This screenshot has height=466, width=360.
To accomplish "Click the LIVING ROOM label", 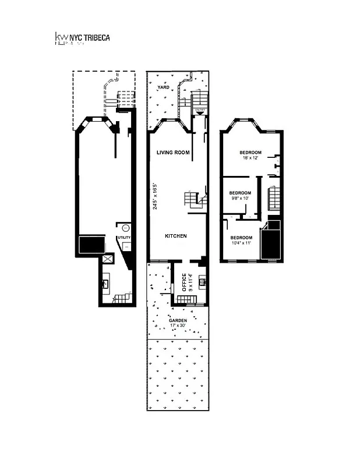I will click(173, 153).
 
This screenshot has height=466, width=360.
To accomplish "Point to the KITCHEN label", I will click(175, 236).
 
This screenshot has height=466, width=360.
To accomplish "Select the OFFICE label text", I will click(183, 283).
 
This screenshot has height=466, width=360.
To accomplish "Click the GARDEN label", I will click(178, 321).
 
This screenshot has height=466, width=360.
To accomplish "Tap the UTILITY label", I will click(124, 238).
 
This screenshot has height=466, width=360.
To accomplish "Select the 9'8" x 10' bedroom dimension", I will click(240, 199).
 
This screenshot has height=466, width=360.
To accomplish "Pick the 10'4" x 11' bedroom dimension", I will click(241, 243).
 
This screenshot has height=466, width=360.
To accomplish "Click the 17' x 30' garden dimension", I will click(178, 326).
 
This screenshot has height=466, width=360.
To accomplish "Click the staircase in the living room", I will click(194, 200).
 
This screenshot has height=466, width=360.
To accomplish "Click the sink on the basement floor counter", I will click(107, 284).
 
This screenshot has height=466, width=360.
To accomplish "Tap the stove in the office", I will click(202, 282).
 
